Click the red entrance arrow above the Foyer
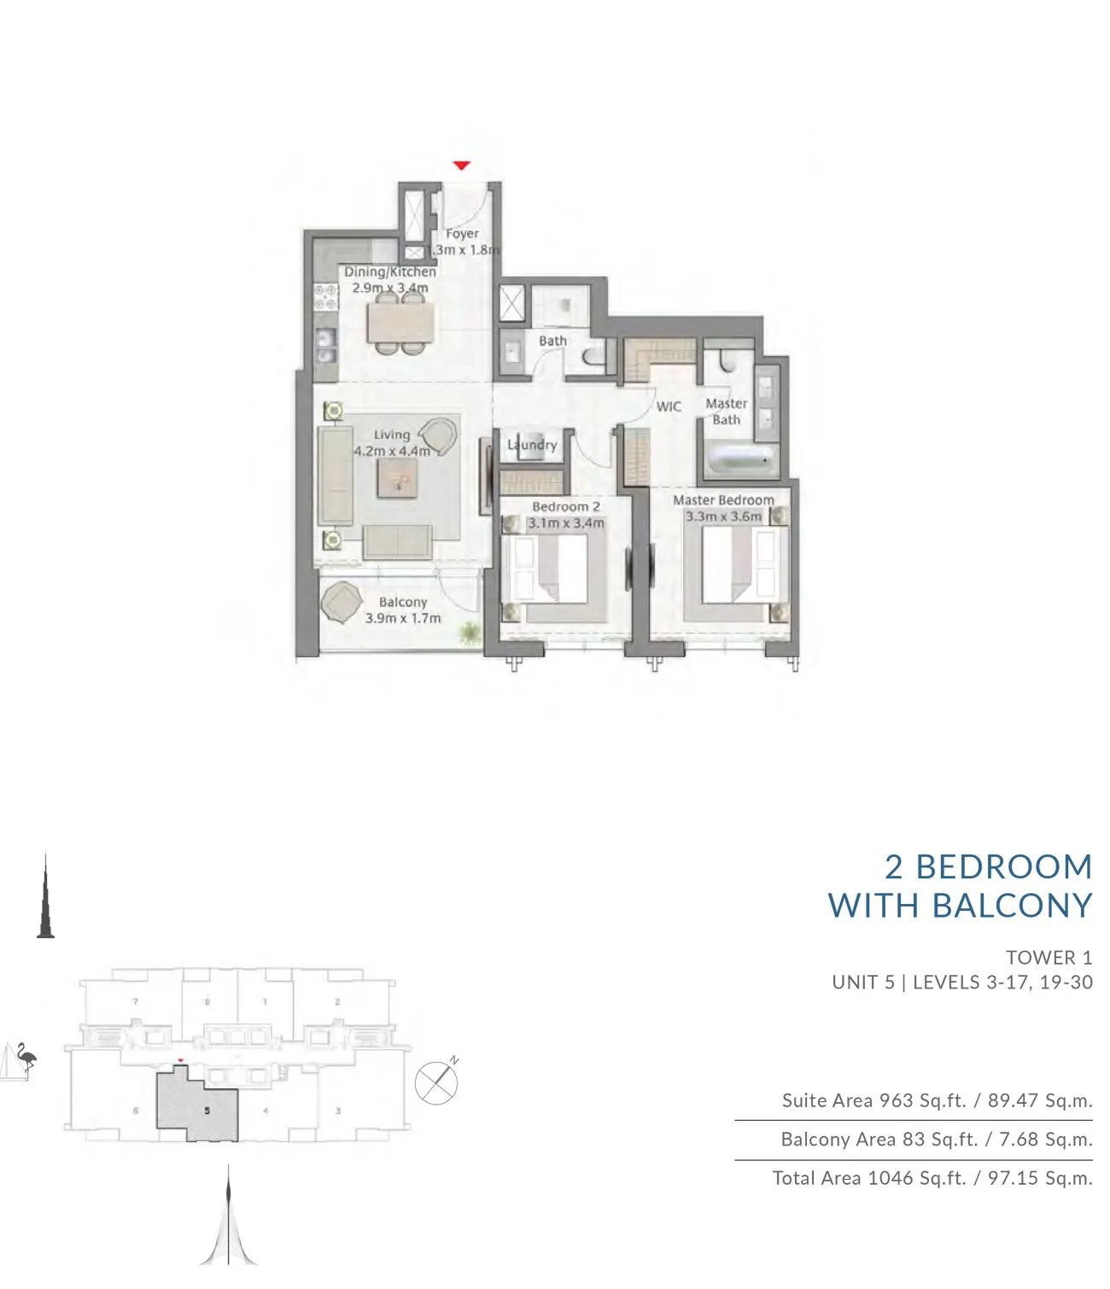461,165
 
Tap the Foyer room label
462,233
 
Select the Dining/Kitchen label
390,271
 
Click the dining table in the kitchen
400,324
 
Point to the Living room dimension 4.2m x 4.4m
392,451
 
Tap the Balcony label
403,602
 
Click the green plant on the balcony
469,633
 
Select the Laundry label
532,444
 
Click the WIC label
669,406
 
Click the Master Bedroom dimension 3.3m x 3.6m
723,516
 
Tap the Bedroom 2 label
565,506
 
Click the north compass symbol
436,1082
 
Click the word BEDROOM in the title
1004,867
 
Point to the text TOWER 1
1049,958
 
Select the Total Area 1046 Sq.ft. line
932,1178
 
